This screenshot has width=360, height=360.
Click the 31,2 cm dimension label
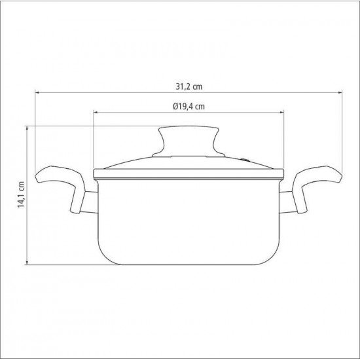tap(189, 87)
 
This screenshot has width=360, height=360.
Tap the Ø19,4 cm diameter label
tap(189, 106)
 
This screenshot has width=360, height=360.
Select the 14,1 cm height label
tap(21, 194)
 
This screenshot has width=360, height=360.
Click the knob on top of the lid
tap(189, 141)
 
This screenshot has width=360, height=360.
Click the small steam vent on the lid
tap(245, 159)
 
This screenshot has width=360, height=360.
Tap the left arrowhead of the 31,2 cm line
tap(37, 92)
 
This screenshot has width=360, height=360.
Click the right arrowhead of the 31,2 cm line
tap(340, 92)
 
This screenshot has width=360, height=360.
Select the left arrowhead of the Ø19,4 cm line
tap(96, 113)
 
